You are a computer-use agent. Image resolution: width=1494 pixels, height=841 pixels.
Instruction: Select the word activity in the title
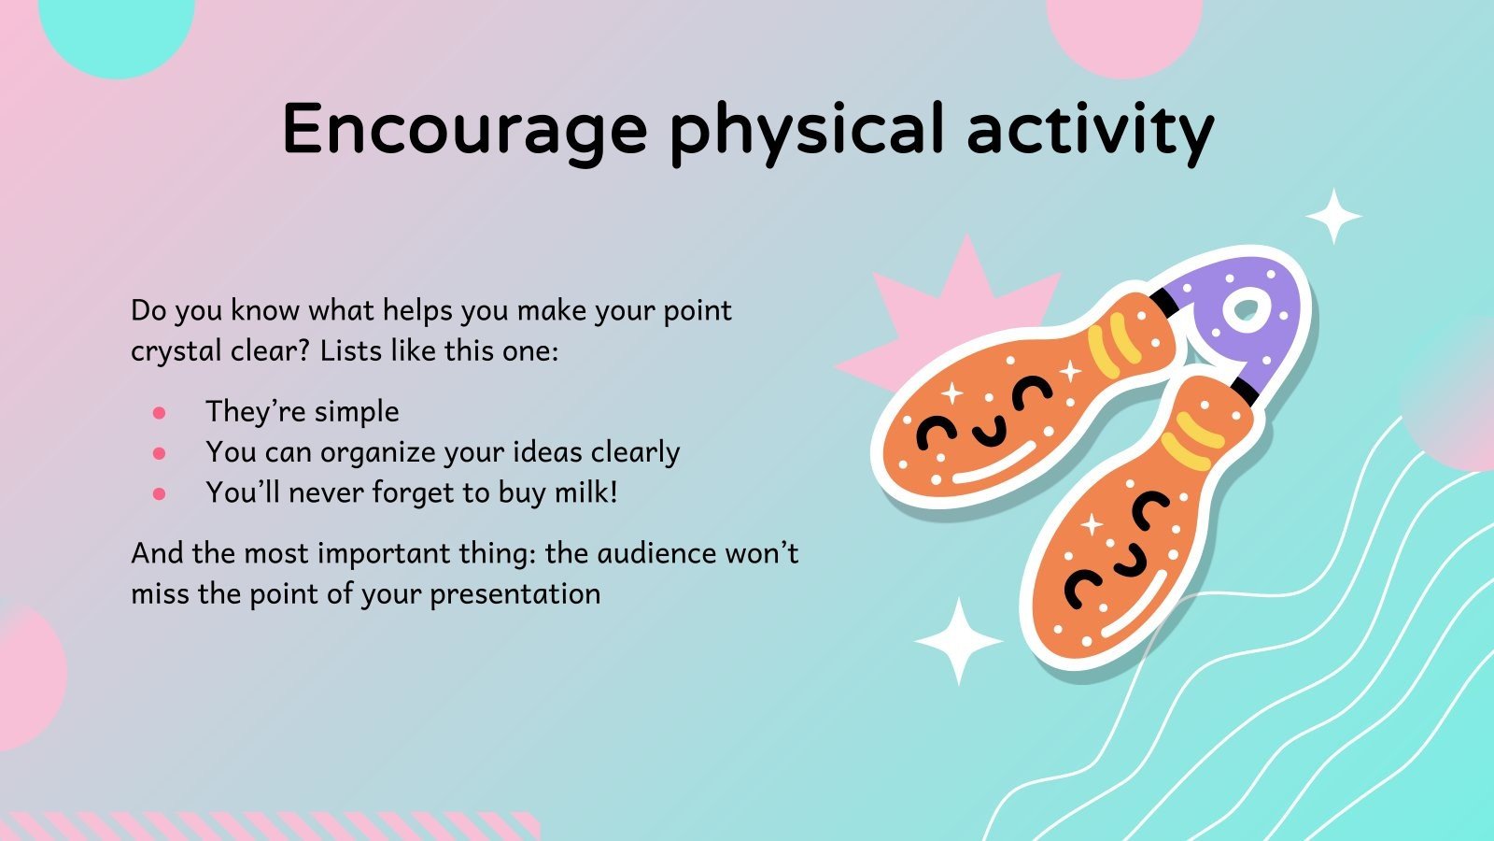[1090, 129]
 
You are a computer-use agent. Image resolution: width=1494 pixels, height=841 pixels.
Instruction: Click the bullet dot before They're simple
[159, 412]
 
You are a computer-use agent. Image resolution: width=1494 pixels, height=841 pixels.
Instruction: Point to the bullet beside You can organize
[159, 453]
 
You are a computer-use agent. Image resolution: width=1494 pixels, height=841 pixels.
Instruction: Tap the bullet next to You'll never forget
[159, 493]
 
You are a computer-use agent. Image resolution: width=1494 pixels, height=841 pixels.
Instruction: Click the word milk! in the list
[586, 492]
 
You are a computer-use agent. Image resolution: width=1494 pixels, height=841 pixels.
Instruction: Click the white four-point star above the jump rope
[1332, 217]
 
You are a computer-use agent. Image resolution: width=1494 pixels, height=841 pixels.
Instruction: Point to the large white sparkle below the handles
[957, 641]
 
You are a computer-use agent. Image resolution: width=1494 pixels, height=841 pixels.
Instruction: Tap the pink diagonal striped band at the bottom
[271, 826]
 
